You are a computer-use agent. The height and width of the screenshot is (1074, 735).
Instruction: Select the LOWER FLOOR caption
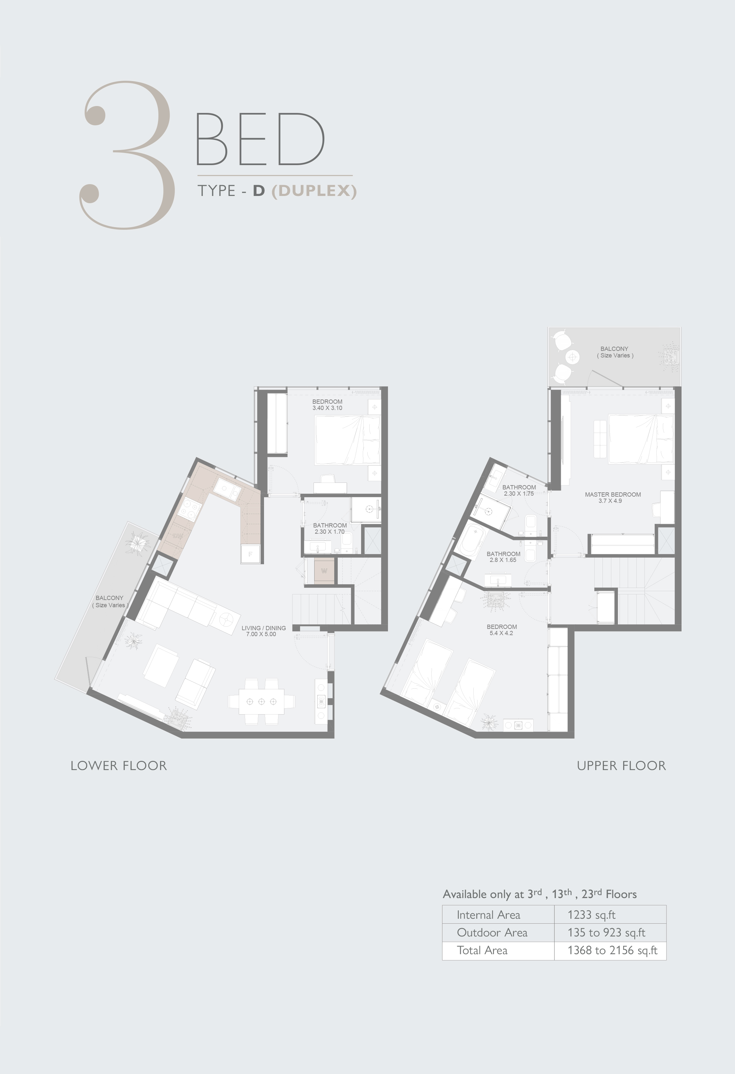click(119, 766)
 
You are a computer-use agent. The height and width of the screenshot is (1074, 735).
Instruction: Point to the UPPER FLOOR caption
click(622, 766)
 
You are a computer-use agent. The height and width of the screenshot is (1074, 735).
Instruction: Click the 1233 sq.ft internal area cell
click(591, 915)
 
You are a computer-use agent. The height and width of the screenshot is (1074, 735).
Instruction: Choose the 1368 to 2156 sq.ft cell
click(613, 950)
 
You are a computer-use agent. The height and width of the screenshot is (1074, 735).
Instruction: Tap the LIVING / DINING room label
click(264, 628)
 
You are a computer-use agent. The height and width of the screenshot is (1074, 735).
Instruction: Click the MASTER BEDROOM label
click(613, 494)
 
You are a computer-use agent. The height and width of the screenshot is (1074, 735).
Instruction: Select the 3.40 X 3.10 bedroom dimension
click(327, 408)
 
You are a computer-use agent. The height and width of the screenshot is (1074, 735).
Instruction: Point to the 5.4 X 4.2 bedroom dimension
click(501, 633)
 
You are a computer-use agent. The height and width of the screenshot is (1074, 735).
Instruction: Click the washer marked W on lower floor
click(324, 571)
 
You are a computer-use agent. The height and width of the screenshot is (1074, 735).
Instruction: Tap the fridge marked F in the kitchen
click(250, 554)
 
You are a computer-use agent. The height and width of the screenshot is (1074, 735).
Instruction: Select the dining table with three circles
click(261, 701)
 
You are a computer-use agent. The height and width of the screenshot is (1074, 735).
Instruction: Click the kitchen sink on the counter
click(228, 489)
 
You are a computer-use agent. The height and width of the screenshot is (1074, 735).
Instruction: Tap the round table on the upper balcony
click(573, 357)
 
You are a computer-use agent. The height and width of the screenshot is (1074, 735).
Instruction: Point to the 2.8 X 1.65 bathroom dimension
click(503, 560)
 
